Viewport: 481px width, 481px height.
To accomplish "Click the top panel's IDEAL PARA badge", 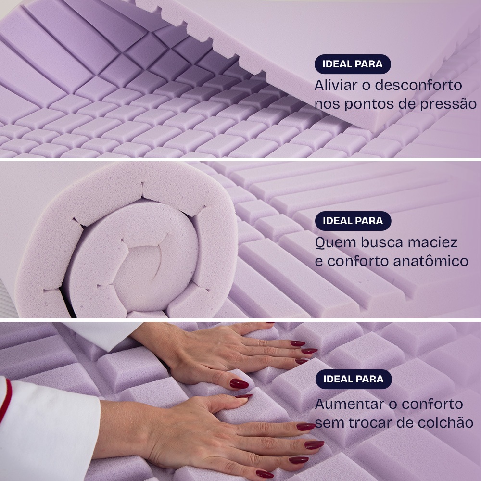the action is pos(353,64).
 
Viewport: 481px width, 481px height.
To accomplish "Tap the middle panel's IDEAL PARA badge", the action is pos(353,221).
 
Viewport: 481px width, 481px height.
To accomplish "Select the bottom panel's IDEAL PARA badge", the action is pos(354,379).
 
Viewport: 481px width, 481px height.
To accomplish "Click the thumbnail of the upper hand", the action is pos(239,383).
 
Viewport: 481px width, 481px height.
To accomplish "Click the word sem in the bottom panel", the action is pos(325,423).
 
